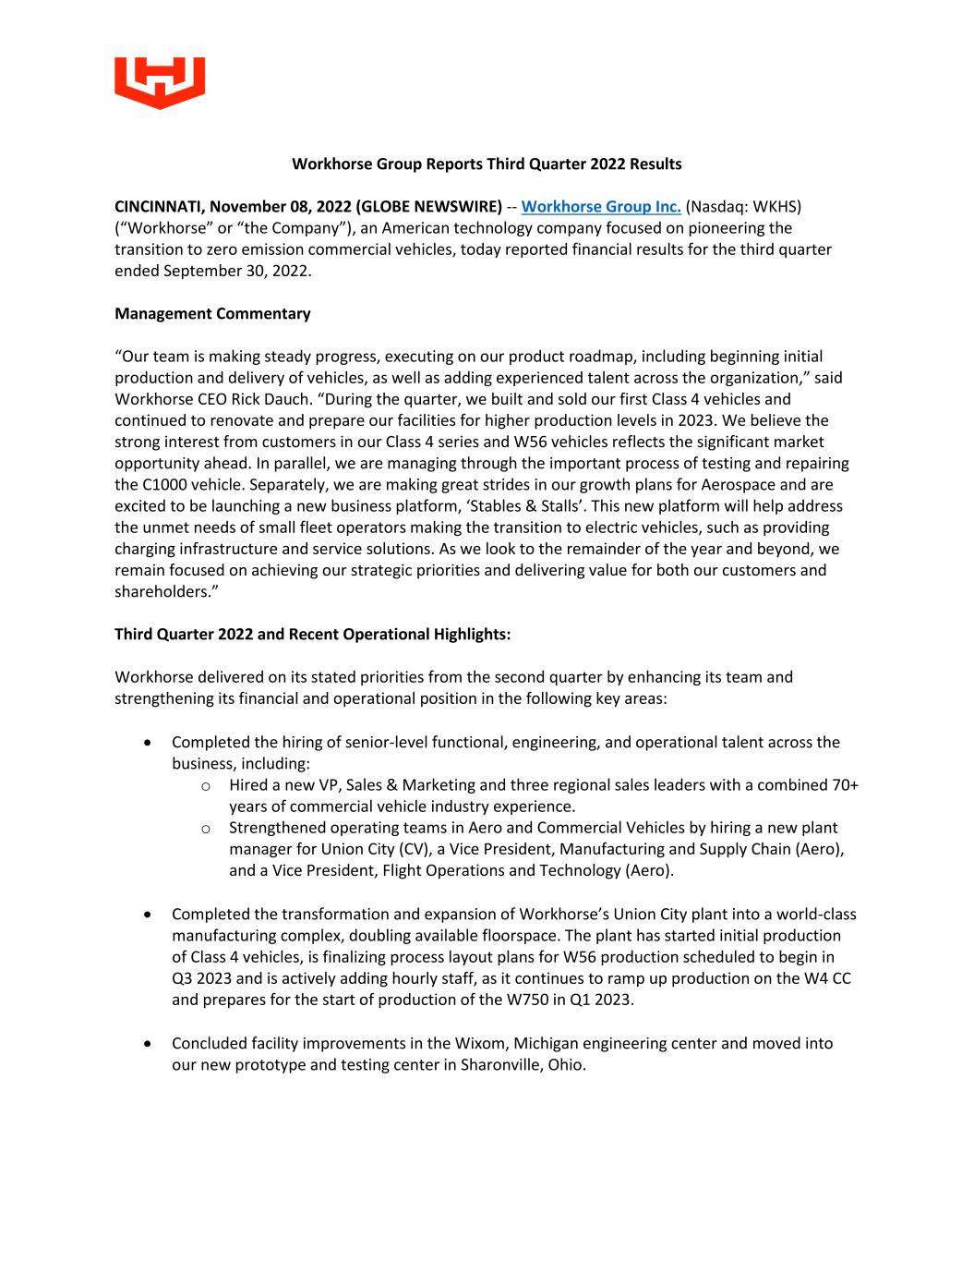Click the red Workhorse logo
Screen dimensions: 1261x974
coord(160,82)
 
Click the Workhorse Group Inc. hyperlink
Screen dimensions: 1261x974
coord(601,206)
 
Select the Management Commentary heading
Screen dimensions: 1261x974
coord(212,313)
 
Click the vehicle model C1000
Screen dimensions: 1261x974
coord(165,484)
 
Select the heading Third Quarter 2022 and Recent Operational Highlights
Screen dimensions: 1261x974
coord(312,634)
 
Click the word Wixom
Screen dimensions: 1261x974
coord(478,1043)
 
